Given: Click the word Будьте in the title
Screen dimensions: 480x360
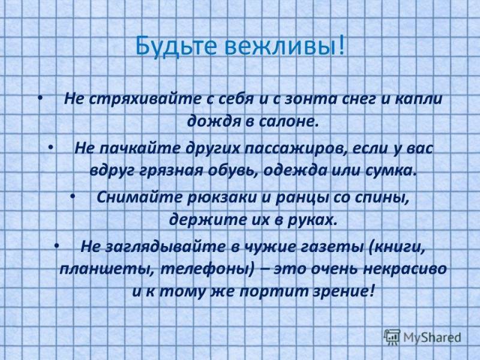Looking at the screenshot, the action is pos(176,47).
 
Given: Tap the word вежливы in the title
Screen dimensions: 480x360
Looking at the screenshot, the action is pos(281,47).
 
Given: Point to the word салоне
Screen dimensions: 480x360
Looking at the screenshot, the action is pos(287,122).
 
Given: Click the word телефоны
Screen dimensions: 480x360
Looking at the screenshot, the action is pos(207,269).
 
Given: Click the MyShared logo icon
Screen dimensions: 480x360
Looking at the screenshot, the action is pos(392,337).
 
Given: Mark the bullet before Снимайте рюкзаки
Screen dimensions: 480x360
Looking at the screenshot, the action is pos(73,197).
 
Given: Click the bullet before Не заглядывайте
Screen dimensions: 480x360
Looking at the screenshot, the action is pos(56,246).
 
